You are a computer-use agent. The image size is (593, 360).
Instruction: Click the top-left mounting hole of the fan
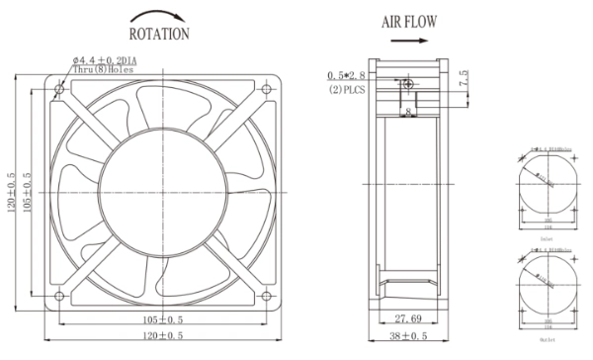click(x=60, y=90)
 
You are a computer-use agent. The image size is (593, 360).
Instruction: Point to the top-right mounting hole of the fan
click(x=266, y=90)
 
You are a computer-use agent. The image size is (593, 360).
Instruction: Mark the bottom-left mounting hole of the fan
click(x=60, y=295)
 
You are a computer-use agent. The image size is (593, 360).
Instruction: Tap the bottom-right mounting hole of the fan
click(x=266, y=295)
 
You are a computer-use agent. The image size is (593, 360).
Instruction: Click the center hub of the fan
click(x=163, y=192)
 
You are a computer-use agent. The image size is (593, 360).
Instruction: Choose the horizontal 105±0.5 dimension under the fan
click(x=162, y=319)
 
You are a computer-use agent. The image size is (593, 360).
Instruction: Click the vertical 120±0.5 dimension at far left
click(x=11, y=191)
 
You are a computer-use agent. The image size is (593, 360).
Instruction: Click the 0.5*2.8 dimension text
click(x=351, y=76)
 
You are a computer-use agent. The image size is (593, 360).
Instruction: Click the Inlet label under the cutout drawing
click(x=546, y=238)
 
